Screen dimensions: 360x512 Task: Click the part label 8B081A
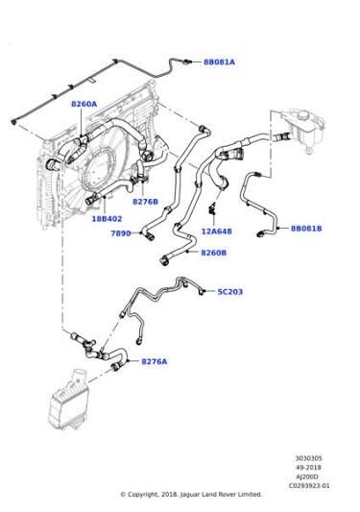coord(219,62)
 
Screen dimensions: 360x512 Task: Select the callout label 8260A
coord(84,104)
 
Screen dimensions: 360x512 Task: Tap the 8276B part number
coord(145,202)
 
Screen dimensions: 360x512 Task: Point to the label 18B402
coord(107,219)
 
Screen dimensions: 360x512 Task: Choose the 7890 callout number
coord(121,233)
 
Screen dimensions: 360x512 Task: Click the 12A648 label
coord(216,232)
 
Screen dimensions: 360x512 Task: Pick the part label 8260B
coord(213,253)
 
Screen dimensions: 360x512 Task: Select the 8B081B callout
coord(306,229)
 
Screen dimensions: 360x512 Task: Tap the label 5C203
coord(230,292)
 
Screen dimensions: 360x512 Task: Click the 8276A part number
coord(154,361)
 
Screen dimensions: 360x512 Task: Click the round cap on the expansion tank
coord(303,115)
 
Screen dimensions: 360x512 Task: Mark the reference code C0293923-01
coord(309,485)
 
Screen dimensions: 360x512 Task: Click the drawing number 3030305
coord(309,458)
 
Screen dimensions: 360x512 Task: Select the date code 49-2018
coord(309,468)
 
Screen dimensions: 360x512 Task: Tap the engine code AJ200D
coord(309,476)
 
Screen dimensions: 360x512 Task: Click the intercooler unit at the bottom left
coord(68,401)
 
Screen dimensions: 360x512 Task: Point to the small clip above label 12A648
coord(213,208)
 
